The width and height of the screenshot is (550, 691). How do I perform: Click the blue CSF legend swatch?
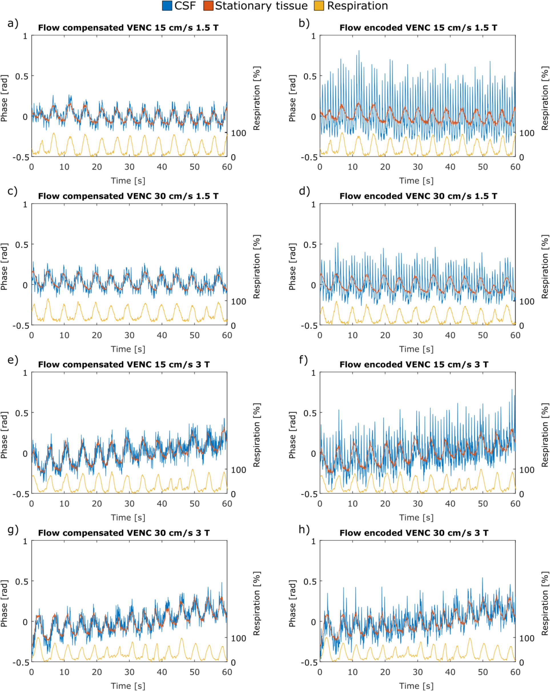(167, 6)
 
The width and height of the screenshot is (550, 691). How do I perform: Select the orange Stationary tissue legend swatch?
(208, 6)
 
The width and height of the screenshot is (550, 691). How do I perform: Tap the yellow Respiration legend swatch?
(319, 6)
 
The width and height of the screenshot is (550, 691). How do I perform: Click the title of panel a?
(128, 28)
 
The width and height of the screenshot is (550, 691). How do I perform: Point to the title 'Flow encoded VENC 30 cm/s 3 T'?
(414, 533)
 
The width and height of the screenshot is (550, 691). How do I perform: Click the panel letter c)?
(13, 191)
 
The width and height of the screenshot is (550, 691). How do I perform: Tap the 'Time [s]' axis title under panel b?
(416, 181)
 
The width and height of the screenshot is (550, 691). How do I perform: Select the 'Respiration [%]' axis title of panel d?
(545, 267)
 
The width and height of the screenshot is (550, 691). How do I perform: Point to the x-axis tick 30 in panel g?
(129, 672)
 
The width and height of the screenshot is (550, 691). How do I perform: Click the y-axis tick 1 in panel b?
(314, 36)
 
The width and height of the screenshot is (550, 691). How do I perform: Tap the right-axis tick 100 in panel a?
(238, 133)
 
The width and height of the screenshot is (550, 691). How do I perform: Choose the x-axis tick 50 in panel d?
(483, 335)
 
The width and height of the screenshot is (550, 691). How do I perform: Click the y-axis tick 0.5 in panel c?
(21, 244)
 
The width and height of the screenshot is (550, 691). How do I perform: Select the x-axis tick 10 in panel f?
(352, 504)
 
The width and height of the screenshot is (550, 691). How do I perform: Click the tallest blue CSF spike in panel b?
(359, 51)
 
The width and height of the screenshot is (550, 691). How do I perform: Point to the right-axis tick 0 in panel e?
(233, 494)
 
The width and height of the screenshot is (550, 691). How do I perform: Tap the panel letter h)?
(304, 530)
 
